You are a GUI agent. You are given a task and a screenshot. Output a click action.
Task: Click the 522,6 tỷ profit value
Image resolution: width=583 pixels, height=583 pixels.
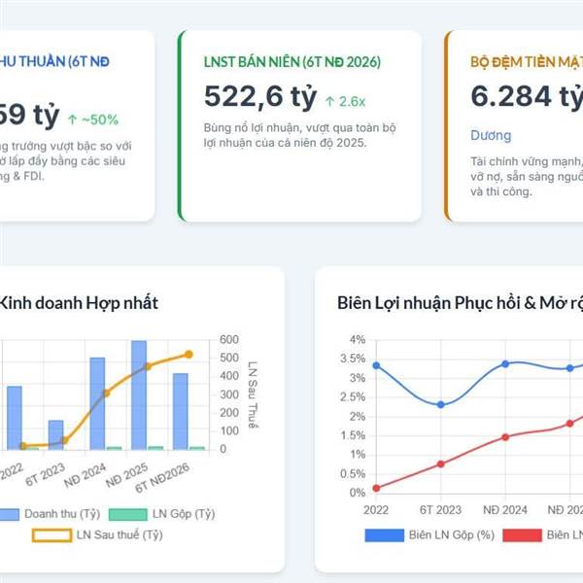260,97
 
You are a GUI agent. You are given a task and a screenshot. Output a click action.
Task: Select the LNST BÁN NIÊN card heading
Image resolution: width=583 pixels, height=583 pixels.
292,61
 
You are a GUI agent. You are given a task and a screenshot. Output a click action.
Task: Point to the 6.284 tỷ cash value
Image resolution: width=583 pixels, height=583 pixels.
526,97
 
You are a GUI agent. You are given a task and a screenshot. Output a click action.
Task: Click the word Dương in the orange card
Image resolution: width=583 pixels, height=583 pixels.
491,135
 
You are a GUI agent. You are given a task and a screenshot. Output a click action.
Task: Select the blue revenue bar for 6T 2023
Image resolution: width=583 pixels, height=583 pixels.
55,434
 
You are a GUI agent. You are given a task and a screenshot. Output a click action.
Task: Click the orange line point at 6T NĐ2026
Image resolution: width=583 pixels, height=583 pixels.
189,355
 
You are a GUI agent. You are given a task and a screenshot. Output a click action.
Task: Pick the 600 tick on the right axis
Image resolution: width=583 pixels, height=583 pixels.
229,339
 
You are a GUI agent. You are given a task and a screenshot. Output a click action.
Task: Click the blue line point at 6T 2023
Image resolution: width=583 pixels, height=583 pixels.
440,404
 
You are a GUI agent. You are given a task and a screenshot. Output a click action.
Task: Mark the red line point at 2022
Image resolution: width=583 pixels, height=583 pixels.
376,488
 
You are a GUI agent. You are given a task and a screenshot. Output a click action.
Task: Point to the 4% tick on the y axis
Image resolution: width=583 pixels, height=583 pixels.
358,340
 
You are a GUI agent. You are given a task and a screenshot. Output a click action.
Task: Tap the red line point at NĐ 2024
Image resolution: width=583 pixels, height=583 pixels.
505,437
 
